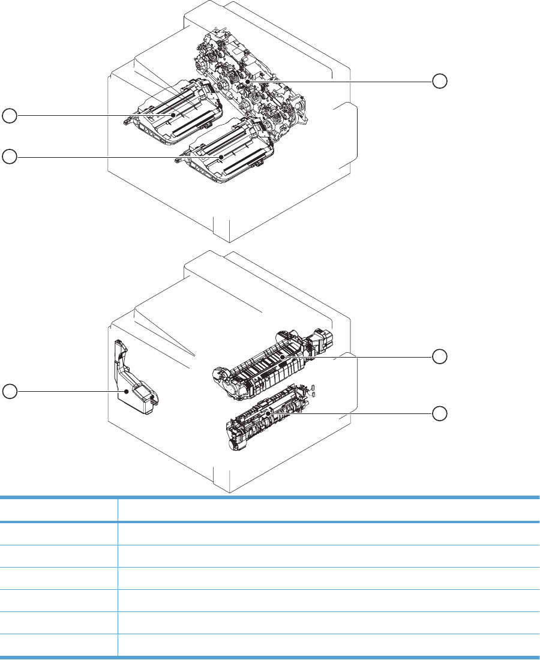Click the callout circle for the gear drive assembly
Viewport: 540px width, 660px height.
pos(440,81)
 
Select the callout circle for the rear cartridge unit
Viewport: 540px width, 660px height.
pos(9,115)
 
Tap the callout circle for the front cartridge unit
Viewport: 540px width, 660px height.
pos(9,157)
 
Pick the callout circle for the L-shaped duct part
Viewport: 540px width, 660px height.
pos(9,391)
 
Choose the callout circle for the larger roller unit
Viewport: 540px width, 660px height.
pos(440,356)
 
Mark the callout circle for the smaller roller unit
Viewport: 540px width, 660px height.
pos(440,413)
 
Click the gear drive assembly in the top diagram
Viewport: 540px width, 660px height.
pos(252,90)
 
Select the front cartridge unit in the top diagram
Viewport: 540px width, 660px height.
pos(222,153)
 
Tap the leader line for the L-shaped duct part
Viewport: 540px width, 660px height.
pos(66,391)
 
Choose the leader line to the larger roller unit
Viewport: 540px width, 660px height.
pos(360,356)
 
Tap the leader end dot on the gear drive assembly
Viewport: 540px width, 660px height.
pos(247,81)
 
